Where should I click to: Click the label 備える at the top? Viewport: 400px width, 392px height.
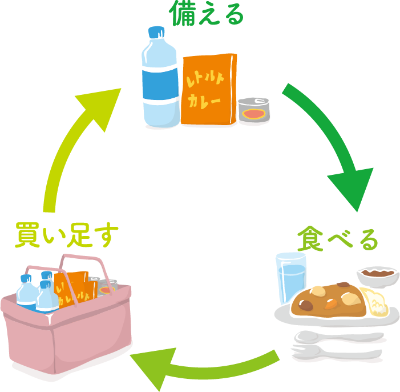tap(207, 14)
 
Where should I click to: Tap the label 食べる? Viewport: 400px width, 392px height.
tap(337, 239)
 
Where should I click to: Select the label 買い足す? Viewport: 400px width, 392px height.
tap(67, 235)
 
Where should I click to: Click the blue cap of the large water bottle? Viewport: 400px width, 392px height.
tap(156, 32)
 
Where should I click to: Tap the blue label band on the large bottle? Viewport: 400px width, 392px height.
tap(160, 85)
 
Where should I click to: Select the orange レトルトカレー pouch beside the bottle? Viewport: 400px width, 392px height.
tap(209, 89)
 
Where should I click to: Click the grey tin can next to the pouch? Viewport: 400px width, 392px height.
tap(254, 110)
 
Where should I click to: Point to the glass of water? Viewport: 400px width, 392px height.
tap(290, 277)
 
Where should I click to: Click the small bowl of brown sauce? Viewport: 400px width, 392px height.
tap(378, 276)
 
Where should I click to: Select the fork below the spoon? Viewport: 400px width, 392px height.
tap(336, 353)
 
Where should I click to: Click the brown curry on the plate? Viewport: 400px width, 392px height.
tap(329, 300)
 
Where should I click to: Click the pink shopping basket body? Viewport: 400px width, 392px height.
tap(67, 332)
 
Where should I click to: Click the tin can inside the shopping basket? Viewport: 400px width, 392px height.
tap(107, 288)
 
